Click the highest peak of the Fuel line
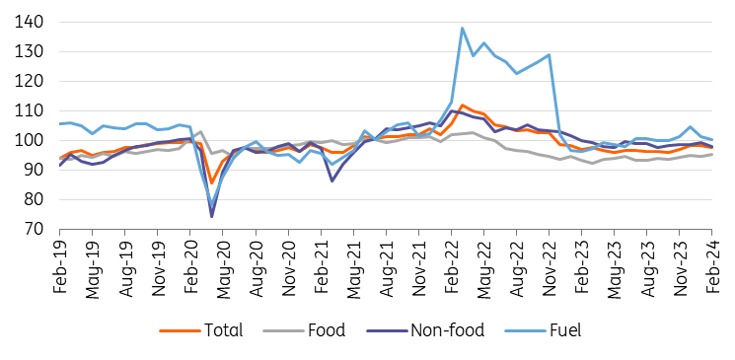tap(462, 29)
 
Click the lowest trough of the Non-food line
tap(212, 217)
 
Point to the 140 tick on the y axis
tap(30, 22)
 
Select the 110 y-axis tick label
tap(30, 110)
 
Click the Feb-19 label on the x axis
tap(60, 263)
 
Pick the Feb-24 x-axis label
tap(712, 263)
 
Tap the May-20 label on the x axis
tap(223, 265)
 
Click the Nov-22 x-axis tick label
tap(549, 265)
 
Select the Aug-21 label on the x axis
tap(387, 265)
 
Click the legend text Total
tap(223, 330)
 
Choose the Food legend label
tap(327, 330)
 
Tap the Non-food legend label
tap(448, 330)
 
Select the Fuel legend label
tap(566, 330)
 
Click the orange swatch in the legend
tap(179, 331)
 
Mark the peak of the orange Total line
tap(462, 105)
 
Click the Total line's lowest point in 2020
tap(212, 182)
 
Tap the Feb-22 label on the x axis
tap(452, 263)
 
